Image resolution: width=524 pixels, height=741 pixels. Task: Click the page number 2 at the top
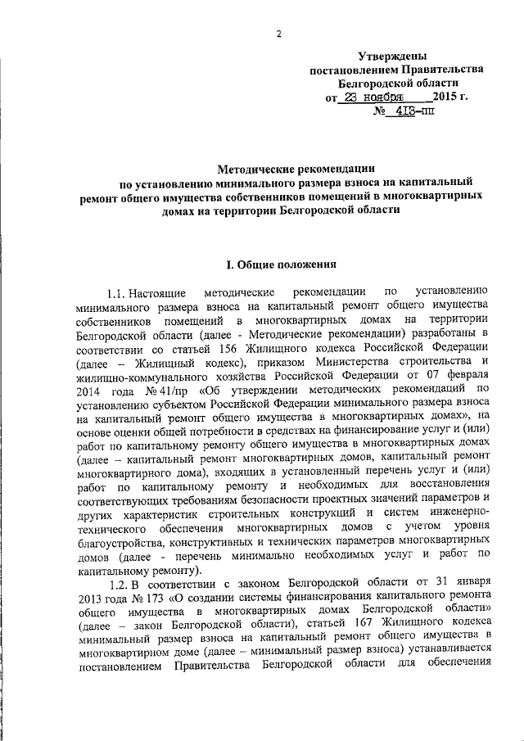click(x=279, y=34)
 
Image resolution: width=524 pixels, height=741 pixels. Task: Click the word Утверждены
click(x=393, y=56)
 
